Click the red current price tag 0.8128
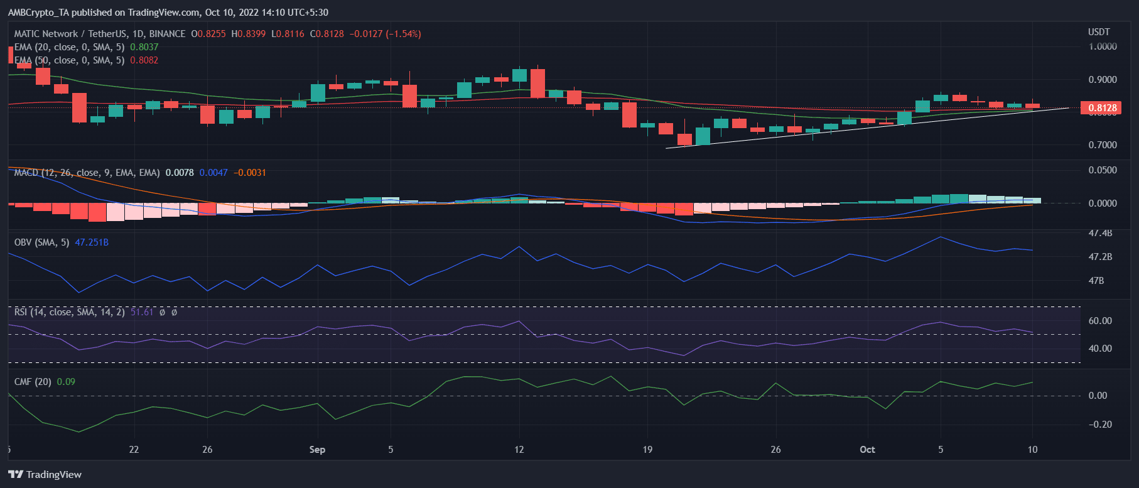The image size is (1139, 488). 1102,108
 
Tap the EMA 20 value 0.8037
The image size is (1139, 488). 144,47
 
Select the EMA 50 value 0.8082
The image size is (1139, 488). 144,60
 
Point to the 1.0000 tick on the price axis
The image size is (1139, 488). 1102,46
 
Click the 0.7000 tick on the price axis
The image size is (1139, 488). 1102,145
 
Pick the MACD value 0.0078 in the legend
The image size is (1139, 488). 180,173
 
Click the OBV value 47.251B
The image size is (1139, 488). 92,242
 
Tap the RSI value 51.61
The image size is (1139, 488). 142,312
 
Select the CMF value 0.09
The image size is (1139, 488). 66,382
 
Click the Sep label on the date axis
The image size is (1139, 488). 317,450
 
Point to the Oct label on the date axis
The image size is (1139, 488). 867,450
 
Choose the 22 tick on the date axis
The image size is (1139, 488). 134,450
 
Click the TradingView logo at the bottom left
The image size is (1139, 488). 45,475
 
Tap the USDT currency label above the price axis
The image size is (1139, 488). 1099,32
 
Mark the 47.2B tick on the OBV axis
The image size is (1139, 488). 1099,257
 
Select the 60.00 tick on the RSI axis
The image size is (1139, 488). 1100,321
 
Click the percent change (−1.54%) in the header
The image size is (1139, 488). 403,34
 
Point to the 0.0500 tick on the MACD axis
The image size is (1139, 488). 1103,170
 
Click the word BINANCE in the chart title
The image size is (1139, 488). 167,34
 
